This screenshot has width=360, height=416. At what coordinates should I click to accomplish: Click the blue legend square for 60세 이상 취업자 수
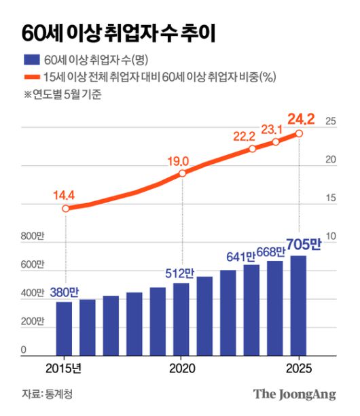pyautogui.click(x=31, y=61)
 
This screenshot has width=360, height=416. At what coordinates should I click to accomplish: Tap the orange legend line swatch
pyautogui.click(x=31, y=77)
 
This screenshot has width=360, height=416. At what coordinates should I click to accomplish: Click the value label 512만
pyautogui.click(x=180, y=273)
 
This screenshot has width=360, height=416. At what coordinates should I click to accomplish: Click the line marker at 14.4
pyautogui.click(x=65, y=208)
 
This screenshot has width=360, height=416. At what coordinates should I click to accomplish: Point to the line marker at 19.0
pyautogui.click(x=182, y=173)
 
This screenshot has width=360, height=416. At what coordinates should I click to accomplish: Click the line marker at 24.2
pyautogui.click(x=299, y=133)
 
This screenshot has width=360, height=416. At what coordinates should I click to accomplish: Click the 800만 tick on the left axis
pyautogui.click(x=32, y=236)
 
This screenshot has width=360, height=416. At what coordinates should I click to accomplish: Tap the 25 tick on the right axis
pyautogui.click(x=331, y=122)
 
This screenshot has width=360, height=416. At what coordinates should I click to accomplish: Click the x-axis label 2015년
pyautogui.click(x=64, y=368)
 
